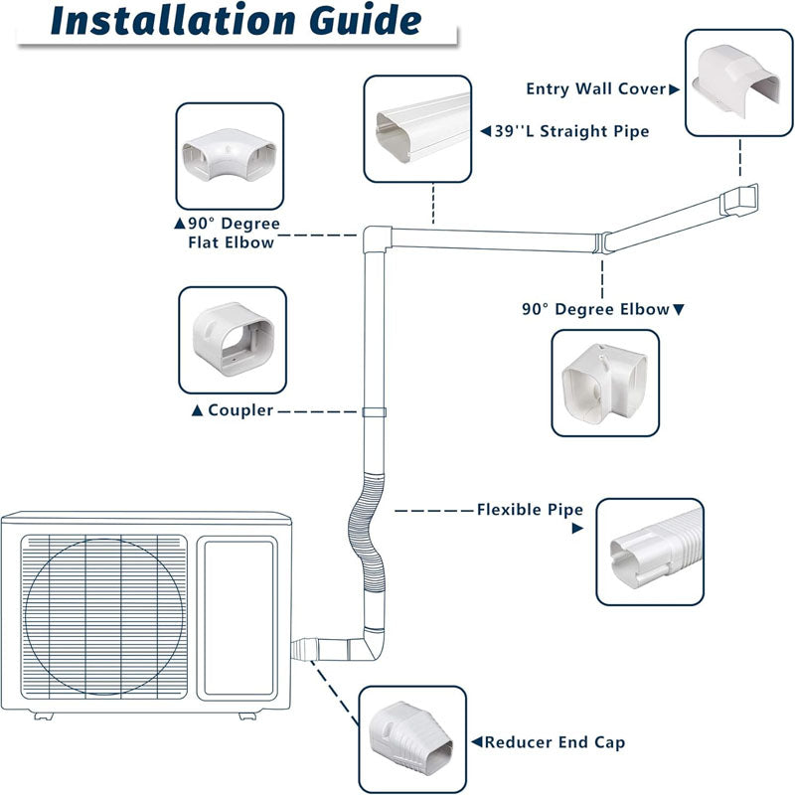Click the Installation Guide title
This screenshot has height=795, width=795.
[x=235, y=22]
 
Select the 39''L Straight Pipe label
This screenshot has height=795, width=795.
[x=564, y=131]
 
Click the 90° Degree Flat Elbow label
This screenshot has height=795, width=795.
[x=231, y=233]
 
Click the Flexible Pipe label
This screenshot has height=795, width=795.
[x=529, y=510]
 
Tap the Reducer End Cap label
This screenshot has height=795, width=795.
[x=548, y=742]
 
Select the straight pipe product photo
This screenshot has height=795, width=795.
[x=417, y=129]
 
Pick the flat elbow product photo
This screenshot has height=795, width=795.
[x=229, y=156]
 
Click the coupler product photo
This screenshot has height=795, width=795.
[x=233, y=340]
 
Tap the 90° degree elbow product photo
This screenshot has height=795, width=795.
[x=604, y=383]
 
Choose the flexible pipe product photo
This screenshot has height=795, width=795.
[x=649, y=552]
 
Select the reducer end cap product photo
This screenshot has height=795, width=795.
[x=411, y=739]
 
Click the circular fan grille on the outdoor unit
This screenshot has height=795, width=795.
[x=105, y=616]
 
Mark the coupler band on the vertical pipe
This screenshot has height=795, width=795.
[x=375, y=411]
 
